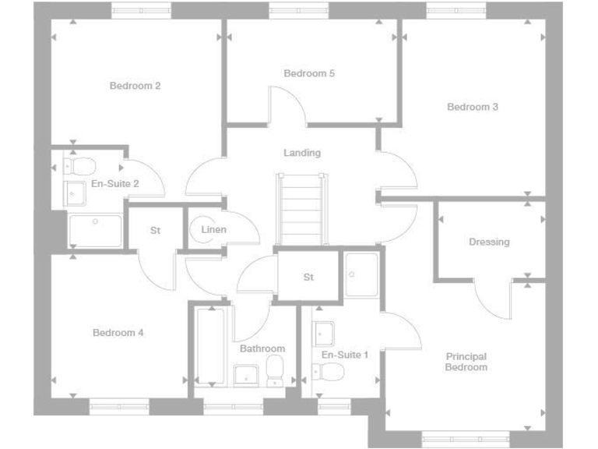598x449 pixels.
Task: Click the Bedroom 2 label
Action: [x=135, y=86]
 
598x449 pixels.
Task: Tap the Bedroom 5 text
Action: [x=309, y=73]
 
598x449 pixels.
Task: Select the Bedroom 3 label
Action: [x=473, y=107]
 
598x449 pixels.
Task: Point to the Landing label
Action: [x=302, y=153]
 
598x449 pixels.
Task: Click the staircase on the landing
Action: [x=302, y=208]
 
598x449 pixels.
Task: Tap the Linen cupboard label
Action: [x=213, y=230]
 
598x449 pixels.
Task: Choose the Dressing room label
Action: [x=489, y=242]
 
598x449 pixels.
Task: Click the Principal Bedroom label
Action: [x=466, y=362]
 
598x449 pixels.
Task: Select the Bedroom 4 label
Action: [x=118, y=333]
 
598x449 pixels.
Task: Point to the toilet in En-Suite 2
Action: [x=80, y=166]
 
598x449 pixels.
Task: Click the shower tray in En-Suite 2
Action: [x=96, y=231]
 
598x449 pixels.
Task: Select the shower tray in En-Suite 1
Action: [x=361, y=274]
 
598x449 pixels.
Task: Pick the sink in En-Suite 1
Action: [x=324, y=334]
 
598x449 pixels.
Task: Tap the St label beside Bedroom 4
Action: [x=155, y=231]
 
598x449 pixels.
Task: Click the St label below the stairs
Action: [x=308, y=277]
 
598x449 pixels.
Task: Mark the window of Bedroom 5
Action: [x=300, y=9]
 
